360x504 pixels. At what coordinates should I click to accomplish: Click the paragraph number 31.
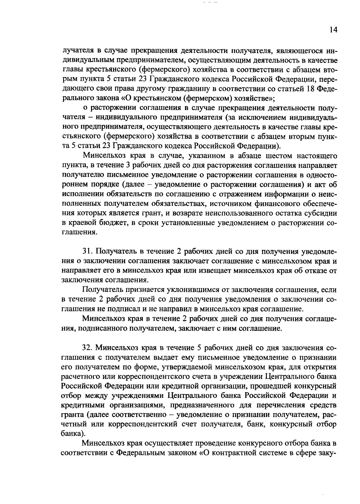tap(88, 251)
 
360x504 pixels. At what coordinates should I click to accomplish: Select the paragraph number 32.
tap(88, 348)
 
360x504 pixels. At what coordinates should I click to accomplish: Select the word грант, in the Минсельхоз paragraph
tap(181, 213)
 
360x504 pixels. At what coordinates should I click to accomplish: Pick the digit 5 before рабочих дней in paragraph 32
tap(199, 348)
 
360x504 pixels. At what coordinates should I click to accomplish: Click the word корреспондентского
tap(164, 376)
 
